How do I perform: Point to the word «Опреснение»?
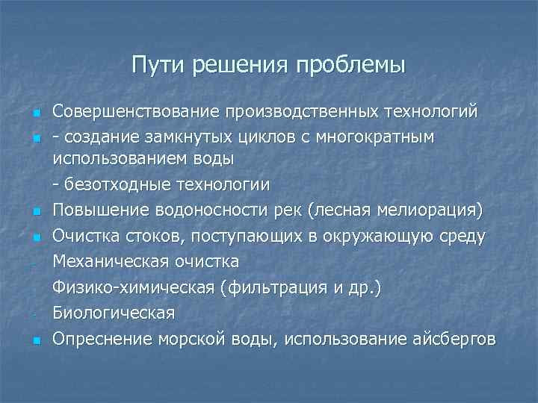tap(102, 340)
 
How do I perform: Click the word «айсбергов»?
tap(454, 340)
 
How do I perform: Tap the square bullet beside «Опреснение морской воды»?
tap(35, 341)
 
